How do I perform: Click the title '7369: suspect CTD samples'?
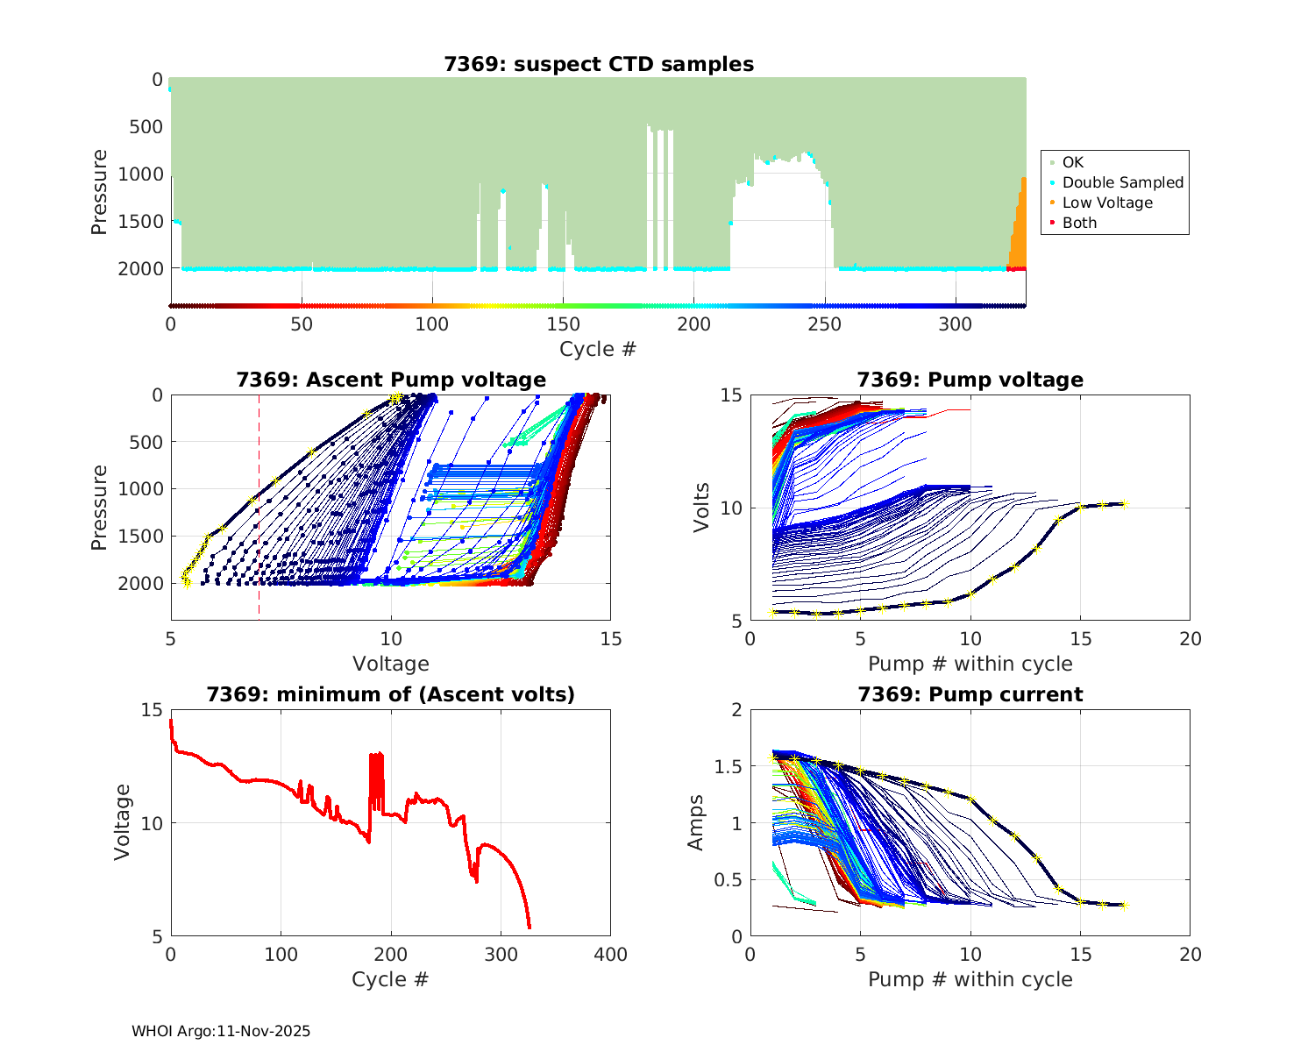pos(599,64)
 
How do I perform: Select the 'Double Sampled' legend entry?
pos(1122,182)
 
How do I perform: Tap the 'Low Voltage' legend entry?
pos(1107,203)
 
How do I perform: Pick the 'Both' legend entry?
pos(1079,223)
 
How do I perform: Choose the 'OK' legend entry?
pos(1072,162)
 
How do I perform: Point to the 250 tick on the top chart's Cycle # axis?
pos(825,324)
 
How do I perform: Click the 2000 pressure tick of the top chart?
pos(140,269)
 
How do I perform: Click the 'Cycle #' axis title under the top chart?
pos(598,349)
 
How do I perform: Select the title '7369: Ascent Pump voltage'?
pos(391,380)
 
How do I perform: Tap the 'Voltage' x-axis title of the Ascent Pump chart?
pos(391,664)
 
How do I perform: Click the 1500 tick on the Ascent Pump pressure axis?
pos(140,536)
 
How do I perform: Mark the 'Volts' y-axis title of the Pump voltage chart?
pos(701,508)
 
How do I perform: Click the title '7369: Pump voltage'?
pos(970,380)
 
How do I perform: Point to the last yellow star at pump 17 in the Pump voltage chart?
pos(1125,504)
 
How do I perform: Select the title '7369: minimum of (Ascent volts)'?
pos(391,694)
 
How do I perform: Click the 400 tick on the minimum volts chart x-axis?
pos(610,954)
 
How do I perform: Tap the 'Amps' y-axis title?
pos(696,822)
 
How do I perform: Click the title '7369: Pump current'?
pos(970,694)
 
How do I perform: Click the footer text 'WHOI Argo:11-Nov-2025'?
pos(221,1031)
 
